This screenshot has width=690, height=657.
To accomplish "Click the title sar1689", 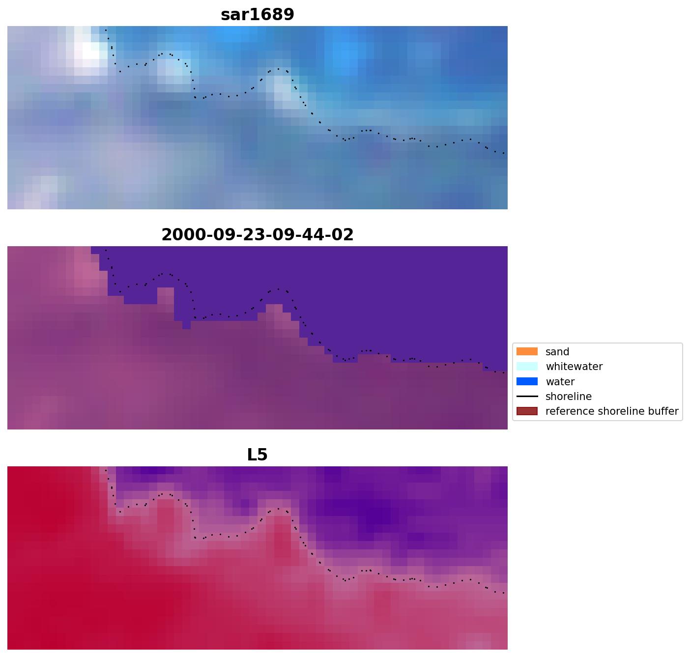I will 257,15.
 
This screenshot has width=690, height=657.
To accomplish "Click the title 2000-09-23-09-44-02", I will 257,235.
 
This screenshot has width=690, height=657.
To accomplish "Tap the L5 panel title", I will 257,455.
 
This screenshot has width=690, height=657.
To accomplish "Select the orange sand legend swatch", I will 527,352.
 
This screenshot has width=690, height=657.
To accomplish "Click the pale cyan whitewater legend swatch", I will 527,367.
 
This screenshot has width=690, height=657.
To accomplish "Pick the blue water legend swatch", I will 527,382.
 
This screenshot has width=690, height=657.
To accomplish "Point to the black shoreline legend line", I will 527,397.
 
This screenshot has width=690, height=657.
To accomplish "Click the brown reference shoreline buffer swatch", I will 527,411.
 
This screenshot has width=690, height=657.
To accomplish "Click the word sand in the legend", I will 557,352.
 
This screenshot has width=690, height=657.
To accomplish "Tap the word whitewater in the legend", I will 574,367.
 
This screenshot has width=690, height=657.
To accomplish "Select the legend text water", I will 560,382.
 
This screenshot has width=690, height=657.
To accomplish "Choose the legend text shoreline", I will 568,397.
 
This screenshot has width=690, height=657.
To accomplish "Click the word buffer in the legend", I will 664,411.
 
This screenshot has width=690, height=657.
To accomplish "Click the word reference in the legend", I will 567,411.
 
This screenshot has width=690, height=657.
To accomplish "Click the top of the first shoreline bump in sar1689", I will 162,54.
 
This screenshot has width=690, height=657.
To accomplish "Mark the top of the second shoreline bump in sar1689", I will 278,69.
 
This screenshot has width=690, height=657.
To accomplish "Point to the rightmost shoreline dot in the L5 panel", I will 504,593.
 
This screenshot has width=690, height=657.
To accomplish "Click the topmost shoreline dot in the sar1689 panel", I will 105,30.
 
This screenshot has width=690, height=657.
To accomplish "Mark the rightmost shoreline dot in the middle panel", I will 504,373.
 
